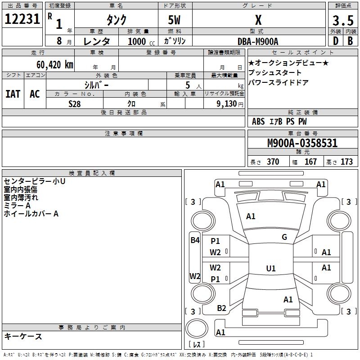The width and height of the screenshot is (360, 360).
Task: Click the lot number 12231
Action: click(x=22, y=20)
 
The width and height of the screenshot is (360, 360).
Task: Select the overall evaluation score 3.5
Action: click(x=342, y=20)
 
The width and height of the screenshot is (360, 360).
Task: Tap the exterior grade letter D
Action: click(x=335, y=40)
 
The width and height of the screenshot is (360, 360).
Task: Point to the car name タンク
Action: click(x=116, y=20)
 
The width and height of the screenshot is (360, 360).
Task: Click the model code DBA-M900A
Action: click(x=258, y=41)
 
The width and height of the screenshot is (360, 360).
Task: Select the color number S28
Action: click(x=75, y=104)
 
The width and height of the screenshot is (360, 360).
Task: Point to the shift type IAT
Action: click(x=13, y=94)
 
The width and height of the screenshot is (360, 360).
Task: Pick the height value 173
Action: click(x=346, y=162)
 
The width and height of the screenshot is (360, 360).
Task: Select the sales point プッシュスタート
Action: click(x=275, y=72)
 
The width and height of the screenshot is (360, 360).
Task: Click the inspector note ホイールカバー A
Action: click(x=31, y=214)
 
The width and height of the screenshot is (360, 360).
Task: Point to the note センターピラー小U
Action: click(x=35, y=181)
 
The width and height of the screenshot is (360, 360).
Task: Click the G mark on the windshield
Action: click(x=284, y=237)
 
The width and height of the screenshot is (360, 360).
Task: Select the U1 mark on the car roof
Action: click(x=270, y=268)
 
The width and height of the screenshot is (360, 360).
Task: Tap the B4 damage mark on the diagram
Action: click(x=194, y=240)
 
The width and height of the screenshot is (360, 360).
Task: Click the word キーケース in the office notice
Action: click(x=23, y=336)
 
